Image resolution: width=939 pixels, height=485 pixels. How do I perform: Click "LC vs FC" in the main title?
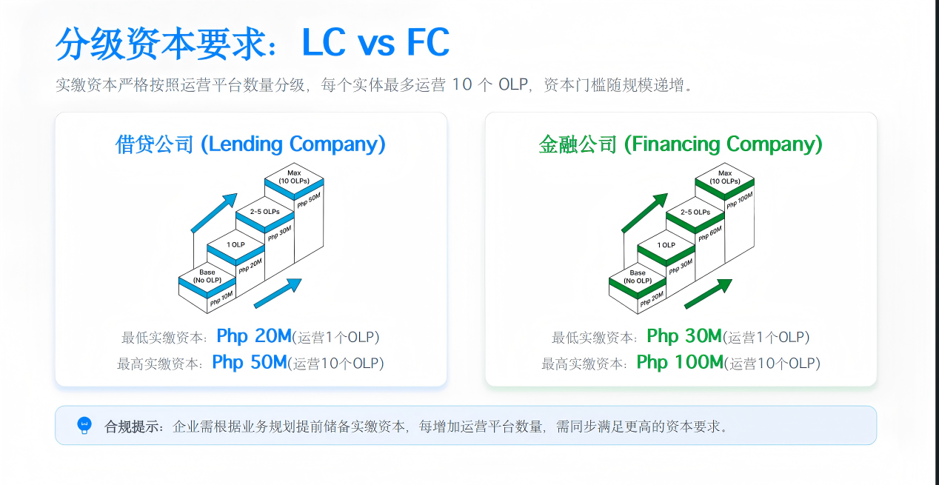pos(375,43)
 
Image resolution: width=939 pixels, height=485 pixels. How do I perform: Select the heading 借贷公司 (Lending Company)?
pos(250,144)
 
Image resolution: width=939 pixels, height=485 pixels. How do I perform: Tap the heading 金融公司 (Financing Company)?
pos(681,144)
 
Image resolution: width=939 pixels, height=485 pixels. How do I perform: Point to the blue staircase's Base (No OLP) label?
pos(207,276)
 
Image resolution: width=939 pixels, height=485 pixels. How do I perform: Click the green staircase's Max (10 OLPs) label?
pos(724,177)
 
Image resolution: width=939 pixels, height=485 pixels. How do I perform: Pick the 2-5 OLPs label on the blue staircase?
pos(265,212)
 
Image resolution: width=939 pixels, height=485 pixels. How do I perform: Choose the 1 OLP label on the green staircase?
pos(666,245)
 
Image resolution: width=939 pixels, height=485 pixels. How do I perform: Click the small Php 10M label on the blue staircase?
pos(221,299)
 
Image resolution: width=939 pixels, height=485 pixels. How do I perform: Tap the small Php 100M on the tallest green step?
pos(739,200)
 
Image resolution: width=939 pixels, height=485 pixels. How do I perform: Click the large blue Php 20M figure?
pos(254,336)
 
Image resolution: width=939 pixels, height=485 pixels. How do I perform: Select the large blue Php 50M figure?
pos(249,362)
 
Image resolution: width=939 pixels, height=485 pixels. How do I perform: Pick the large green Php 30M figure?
pos(684,336)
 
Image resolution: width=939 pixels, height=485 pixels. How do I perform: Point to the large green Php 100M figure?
pos(679,362)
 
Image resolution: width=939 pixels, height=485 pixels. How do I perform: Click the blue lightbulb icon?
pos(84,425)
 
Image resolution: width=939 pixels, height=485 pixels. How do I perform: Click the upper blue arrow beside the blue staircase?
pos(215,212)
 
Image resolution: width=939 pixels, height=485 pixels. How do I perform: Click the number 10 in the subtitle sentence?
pos(461,84)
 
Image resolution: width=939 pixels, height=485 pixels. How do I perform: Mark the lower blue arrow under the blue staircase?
pos(278,293)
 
